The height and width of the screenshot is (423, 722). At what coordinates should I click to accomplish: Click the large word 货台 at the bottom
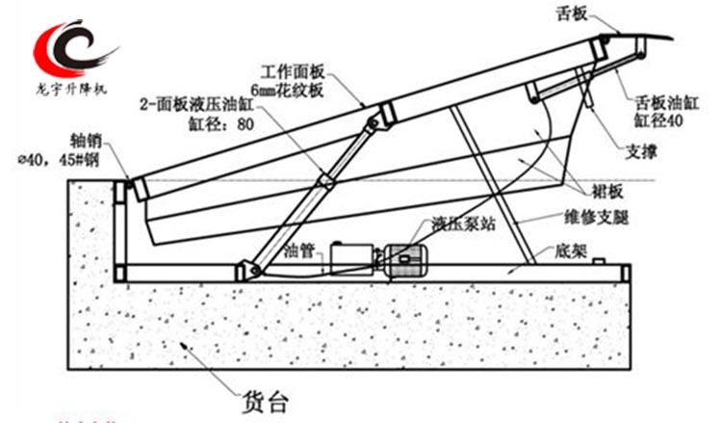tap(263, 396)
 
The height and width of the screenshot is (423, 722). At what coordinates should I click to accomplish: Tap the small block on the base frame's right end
tap(599, 259)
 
